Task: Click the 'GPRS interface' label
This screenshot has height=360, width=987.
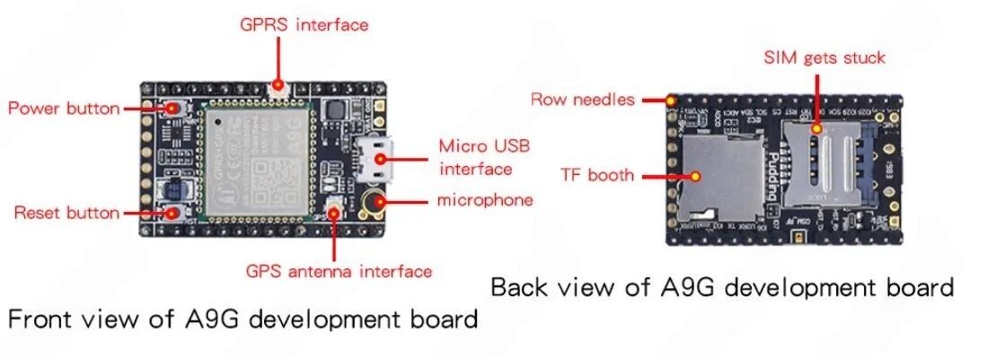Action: pyautogui.click(x=304, y=25)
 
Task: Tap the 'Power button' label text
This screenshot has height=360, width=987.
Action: pyautogui.click(x=64, y=109)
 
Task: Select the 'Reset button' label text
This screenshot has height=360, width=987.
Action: pyautogui.click(x=66, y=213)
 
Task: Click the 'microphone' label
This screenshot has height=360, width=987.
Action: pyautogui.click(x=484, y=199)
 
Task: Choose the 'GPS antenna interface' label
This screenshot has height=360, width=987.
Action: pyautogui.click(x=339, y=270)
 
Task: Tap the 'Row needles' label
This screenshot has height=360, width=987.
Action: pyautogui.click(x=582, y=99)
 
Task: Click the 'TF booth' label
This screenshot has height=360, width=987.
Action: pyautogui.click(x=598, y=174)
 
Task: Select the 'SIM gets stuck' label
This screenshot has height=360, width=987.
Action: pyautogui.click(x=824, y=58)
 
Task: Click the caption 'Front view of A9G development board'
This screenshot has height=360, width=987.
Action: pyautogui.click(x=242, y=319)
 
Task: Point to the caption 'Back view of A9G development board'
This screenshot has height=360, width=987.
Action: pyautogui.click(x=721, y=287)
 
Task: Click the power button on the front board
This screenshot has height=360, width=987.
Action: pyautogui.click(x=171, y=109)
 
